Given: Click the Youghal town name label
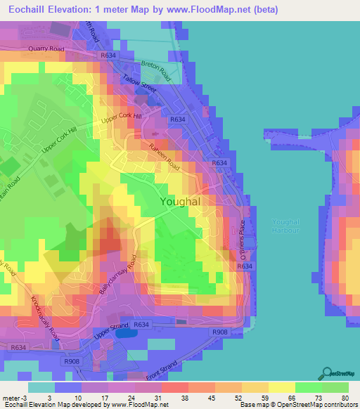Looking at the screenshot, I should (181, 202).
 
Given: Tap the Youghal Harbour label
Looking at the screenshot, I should (285, 226).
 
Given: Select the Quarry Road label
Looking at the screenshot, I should (46, 49).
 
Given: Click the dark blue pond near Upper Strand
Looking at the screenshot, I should (124, 333).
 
